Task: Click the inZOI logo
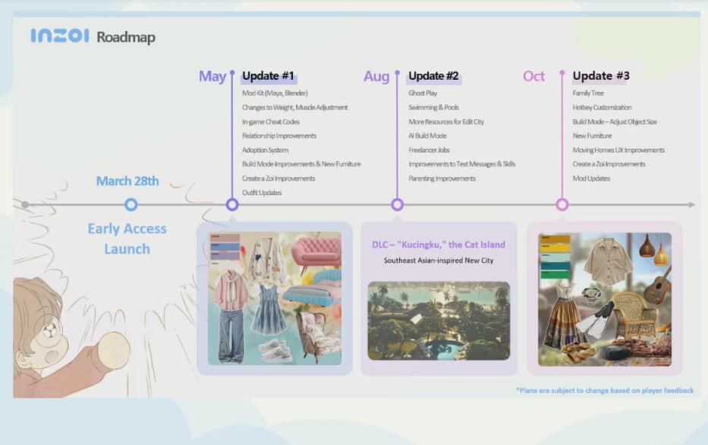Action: pos(60,36)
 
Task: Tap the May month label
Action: pos(212,77)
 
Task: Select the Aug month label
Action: pos(376,77)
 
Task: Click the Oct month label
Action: pos(533,76)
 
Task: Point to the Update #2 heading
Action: pos(433,75)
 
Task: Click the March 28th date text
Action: pos(127,181)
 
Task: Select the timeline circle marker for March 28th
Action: pos(131,205)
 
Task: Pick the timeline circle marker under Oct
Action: pos(562,205)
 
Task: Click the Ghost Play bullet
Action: pos(423,93)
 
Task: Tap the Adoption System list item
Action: pos(265,150)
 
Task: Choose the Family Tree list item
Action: pos(588,93)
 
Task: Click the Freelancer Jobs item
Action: pos(429,150)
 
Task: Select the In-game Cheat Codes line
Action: pos(270,122)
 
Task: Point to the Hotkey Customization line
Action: pos(602,108)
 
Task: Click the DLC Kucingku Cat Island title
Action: pos(439,245)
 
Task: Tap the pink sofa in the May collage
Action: pos(316,251)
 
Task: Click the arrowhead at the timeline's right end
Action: pos(691,205)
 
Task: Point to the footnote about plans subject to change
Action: pos(605,390)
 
